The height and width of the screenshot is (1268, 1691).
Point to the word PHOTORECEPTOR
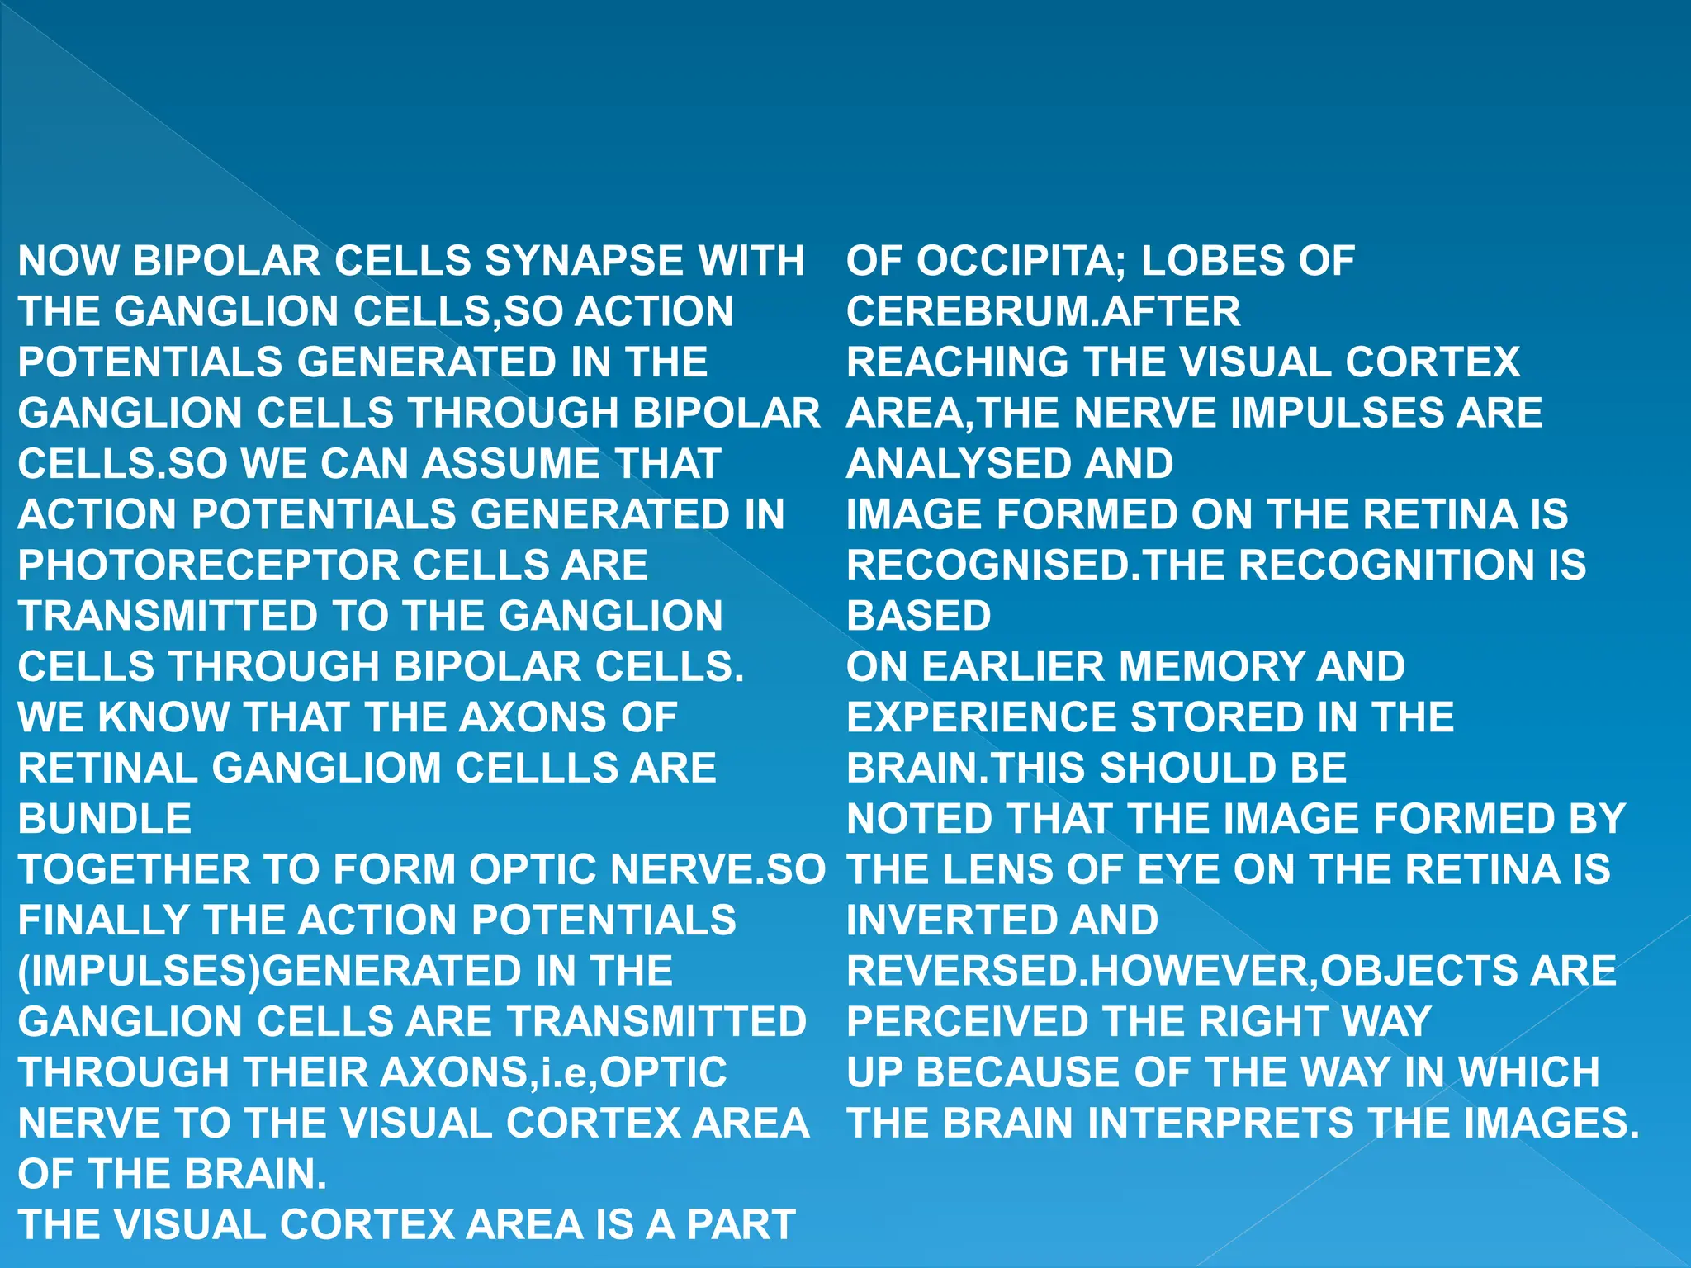pyautogui.click(x=207, y=565)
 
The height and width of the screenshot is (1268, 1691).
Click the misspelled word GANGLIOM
pyautogui.click(x=328, y=769)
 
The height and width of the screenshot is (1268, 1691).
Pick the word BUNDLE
pyautogui.click(x=105, y=819)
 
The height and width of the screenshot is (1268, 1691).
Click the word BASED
pyautogui.click(x=919, y=616)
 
